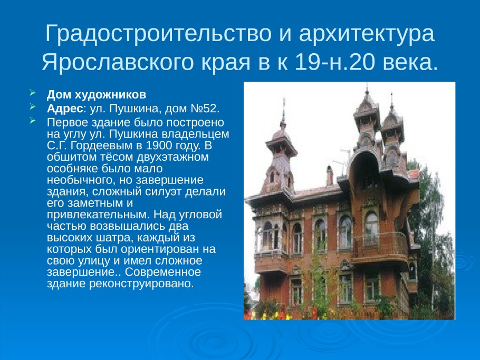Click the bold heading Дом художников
(96, 95)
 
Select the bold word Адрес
(62, 108)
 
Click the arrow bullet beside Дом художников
(33, 94)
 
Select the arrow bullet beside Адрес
(33, 108)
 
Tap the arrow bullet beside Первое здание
(33, 121)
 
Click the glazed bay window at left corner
(268, 237)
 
